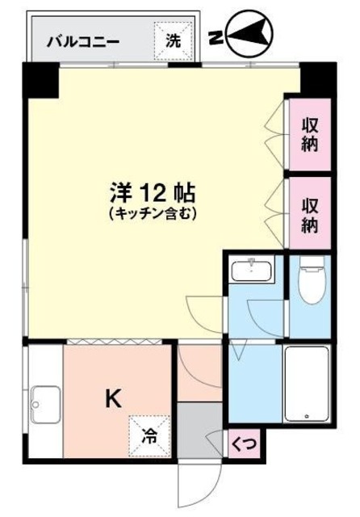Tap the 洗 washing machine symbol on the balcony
(x=174, y=40)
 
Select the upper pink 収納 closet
(x=310, y=134)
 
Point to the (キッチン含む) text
(x=153, y=214)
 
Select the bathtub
(x=307, y=383)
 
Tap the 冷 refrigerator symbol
(x=151, y=435)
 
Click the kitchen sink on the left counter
(x=44, y=403)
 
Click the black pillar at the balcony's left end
(x=38, y=77)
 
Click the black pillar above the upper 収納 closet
(x=316, y=78)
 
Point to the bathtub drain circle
(x=307, y=416)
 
